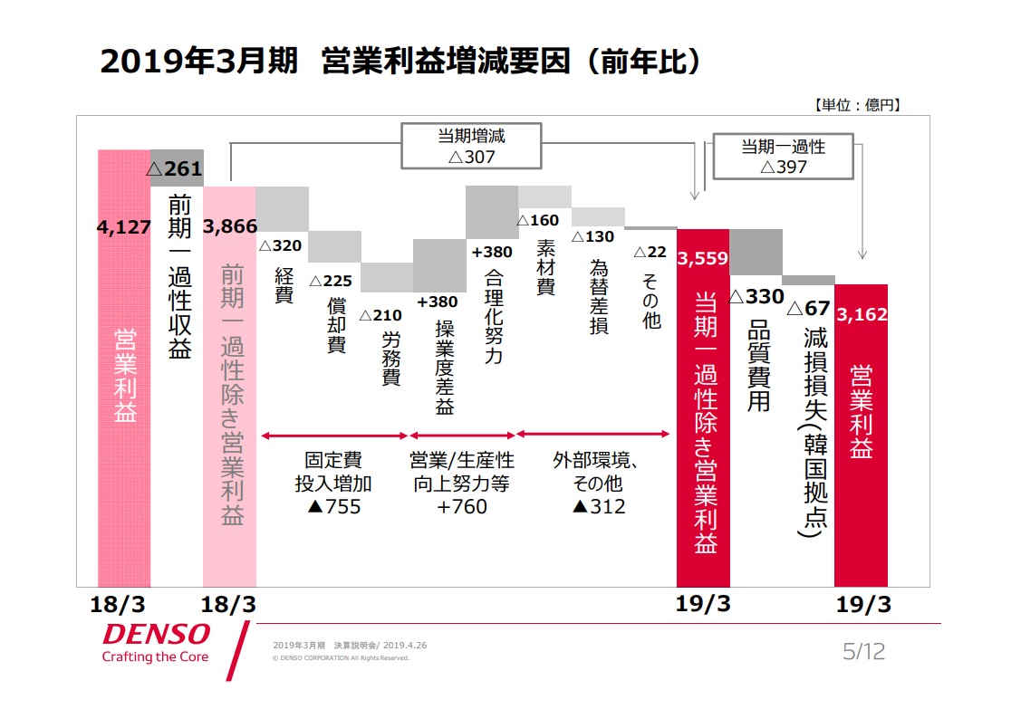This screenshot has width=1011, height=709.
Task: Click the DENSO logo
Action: pyautogui.click(x=156, y=634)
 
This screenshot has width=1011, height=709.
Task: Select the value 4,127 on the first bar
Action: pyautogui.click(x=123, y=227)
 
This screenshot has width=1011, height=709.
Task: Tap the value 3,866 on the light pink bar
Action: pyautogui.click(x=229, y=227)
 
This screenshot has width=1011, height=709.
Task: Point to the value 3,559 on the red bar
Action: pyautogui.click(x=702, y=258)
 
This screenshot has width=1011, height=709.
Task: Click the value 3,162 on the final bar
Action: pyautogui.click(x=862, y=314)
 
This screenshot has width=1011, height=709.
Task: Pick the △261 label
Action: pyautogui.click(x=174, y=168)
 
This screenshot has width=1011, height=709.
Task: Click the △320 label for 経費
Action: pyautogui.click(x=280, y=245)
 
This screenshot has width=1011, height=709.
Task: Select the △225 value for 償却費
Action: pyautogui.click(x=332, y=281)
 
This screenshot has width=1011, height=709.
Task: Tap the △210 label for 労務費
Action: pyautogui.click(x=381, y=315)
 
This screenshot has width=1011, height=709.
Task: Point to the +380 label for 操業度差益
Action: pyautogui.click(x=438, y=302)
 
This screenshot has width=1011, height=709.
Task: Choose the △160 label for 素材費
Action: pyautogui.click(x=538, y=220)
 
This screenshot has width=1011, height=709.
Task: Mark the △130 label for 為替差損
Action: pyautogui.click(x=592, y=236)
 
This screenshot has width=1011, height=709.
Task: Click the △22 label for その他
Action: pyautogui.click(x=650, y=252)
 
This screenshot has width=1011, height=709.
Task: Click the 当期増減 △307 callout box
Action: pyautogui.click(x=471, y=146)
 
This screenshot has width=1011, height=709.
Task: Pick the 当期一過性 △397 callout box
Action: pyautogui.click(x=784, y=156)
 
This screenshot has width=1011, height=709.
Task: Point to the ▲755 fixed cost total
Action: pyautogui.click(x=333, y=506)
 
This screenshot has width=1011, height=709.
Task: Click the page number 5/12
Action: pyautogui.click(x=863, y=651)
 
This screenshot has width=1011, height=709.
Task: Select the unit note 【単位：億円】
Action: pyautogui.click(x=857, y=105)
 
